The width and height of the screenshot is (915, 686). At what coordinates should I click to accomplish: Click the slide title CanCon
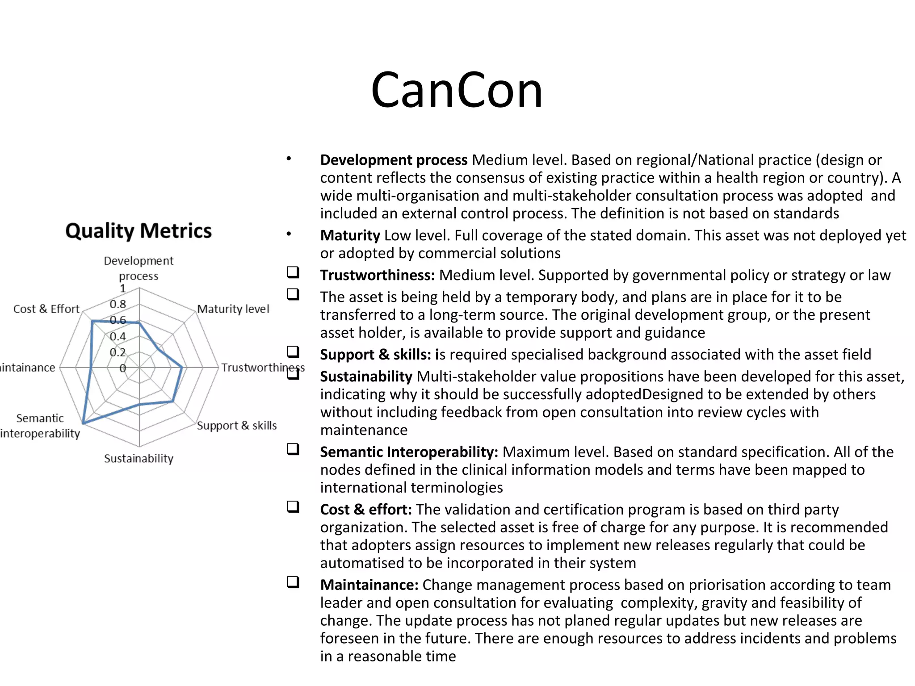pyautogui.click(x=457, y=91)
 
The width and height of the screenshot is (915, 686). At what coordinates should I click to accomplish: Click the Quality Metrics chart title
pyautogui.click(x=139, y=231)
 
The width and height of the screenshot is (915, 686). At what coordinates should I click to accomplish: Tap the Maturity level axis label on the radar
pyautogui.click(x=233, y=309)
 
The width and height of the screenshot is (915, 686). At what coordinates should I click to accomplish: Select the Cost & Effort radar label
pyautogui.click(x=46, y=309)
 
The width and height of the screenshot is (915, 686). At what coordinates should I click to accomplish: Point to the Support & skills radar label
pyautogui.click(x=237, y=426)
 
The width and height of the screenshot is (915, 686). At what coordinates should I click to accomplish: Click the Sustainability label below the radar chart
pyautogui.click(x=139, y=459)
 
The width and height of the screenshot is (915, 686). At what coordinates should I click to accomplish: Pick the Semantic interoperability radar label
pyautogui.click(x=40, y=426)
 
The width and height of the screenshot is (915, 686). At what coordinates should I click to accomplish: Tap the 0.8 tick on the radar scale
pyautogui.click(x=118, y=305)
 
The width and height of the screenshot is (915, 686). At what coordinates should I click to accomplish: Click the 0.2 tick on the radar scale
pyautogui.click(x=118, y=352)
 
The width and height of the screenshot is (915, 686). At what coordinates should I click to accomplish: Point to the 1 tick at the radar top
pyautogui.click(x=123, y=289)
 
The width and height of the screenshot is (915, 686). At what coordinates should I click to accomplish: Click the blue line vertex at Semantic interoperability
pyautogui.click(x=84, y=423)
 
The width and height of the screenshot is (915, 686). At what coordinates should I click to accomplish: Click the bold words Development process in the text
pyautogui.click(x=394, y=160)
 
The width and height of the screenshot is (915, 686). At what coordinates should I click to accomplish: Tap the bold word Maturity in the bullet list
pyautogui.click(x=350, y=235)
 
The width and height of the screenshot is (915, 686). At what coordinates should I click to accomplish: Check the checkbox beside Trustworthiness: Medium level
pyautogui.click(x=293, y=272)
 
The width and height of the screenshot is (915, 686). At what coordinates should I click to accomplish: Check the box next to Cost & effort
pyautogui.click(x=293, y=507)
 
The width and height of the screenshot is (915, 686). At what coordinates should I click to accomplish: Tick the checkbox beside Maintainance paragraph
pyautogui.click(x=293, y=582)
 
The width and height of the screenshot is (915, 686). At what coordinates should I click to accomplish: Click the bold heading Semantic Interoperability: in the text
pyautogui.click(x=409, y=452)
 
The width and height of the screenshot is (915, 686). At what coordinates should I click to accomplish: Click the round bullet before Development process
pyautogui.click(x=289, y=159)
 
